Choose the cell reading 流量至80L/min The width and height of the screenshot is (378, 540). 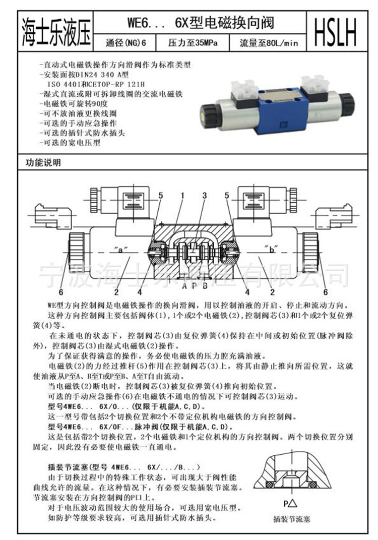point(270,43)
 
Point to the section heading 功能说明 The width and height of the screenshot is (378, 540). point(43,163)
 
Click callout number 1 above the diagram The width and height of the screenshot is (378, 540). point(182,195)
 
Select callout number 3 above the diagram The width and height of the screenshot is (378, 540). point(204,195)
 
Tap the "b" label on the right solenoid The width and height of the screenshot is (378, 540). point(269,248)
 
